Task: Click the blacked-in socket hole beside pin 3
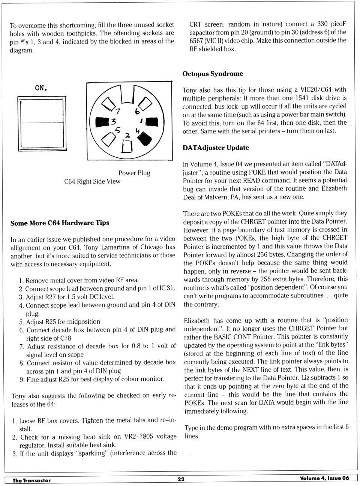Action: (102, 122)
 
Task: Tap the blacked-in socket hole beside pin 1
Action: (151, 122)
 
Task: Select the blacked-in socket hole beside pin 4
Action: (145, 139)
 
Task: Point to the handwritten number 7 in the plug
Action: (118, 111)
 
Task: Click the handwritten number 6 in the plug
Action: (137, 111)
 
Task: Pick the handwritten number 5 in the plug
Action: (118, 130)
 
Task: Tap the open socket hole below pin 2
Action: (127, 147)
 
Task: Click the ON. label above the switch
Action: (41, 88)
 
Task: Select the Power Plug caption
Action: (134, 173)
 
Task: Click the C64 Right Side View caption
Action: (92, 181)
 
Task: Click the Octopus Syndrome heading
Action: (213, 74)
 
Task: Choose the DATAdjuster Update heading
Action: (216, 148)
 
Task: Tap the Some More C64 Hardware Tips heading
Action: (60, 223)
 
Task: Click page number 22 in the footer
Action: (181, 479)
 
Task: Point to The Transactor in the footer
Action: (31, 480)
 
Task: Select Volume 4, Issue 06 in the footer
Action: (324, 478)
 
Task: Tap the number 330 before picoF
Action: (322, 24)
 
